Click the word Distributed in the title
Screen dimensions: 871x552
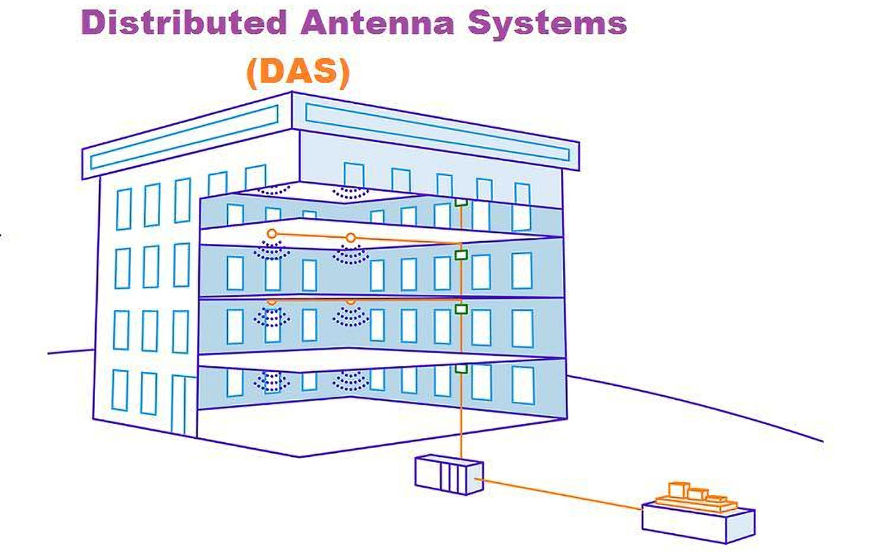(184, 23)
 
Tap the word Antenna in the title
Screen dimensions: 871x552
(377, 23)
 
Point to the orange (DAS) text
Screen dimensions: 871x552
(299, 74)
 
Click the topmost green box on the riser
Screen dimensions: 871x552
(461, 202)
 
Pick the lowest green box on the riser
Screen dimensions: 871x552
(461, 368)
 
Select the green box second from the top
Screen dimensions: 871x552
(461, 255)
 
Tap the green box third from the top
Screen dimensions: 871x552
(461, 309)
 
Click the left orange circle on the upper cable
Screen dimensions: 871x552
(272, 234)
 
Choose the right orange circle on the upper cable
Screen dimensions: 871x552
(350, 238)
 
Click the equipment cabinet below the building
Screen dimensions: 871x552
(449, 474)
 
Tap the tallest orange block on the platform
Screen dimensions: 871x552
(679, 490)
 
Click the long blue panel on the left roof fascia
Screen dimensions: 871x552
(184, 137)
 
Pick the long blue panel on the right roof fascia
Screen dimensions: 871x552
(438, 132)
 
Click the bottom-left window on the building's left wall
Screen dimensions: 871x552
(120, 391)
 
